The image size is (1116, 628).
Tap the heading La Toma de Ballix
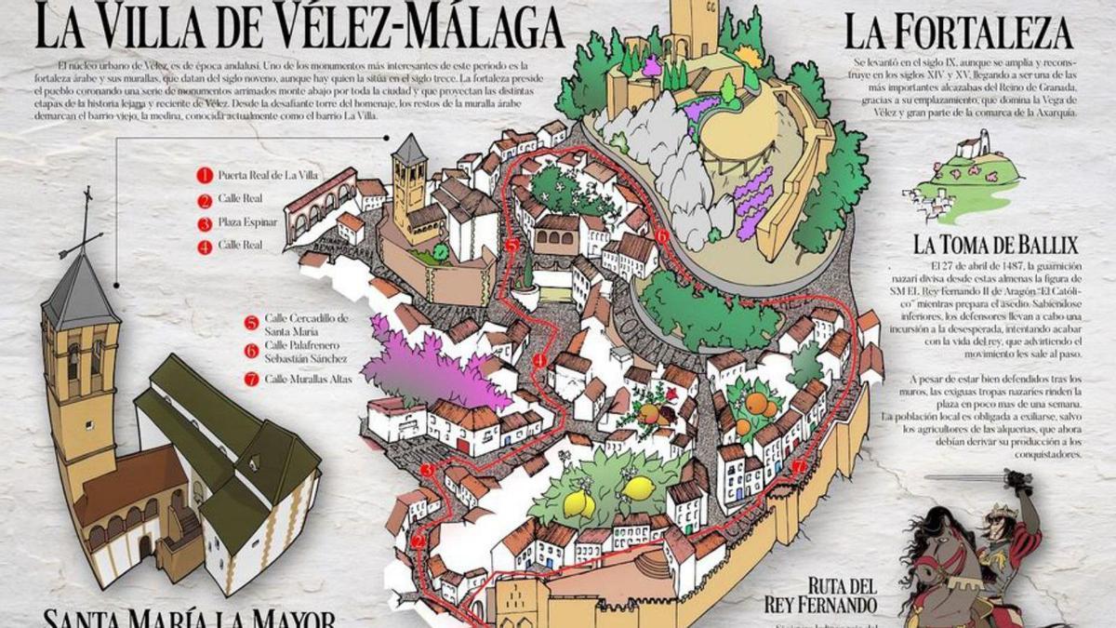click(995, 246)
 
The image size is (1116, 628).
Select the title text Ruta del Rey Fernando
click(842, 595)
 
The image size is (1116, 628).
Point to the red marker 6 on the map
click(661, 236)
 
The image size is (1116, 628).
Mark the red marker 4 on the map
click(540, 360)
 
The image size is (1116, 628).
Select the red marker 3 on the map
click(426, 471)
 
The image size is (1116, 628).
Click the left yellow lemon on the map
click(579, 502)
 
